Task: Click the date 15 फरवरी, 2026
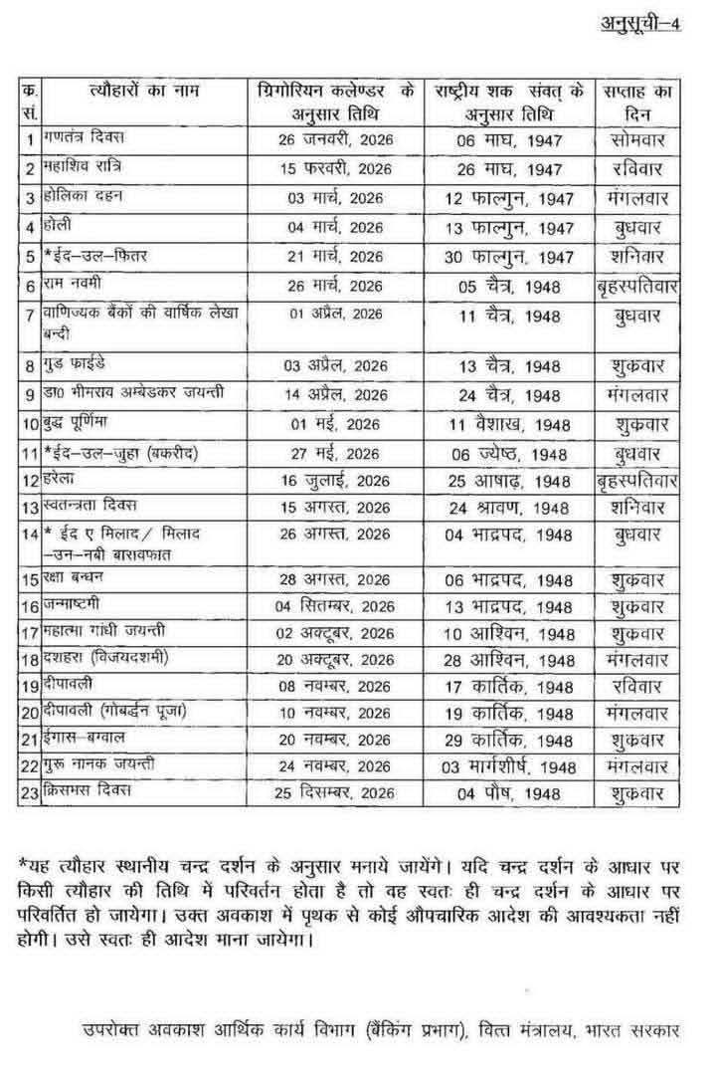(334, 168)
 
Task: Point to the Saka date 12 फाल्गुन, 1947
(509, 198)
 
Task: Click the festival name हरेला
(62, 482)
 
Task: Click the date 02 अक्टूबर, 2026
(335, 633)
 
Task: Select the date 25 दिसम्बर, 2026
(335, 793)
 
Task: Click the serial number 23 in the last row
(29, 792)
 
